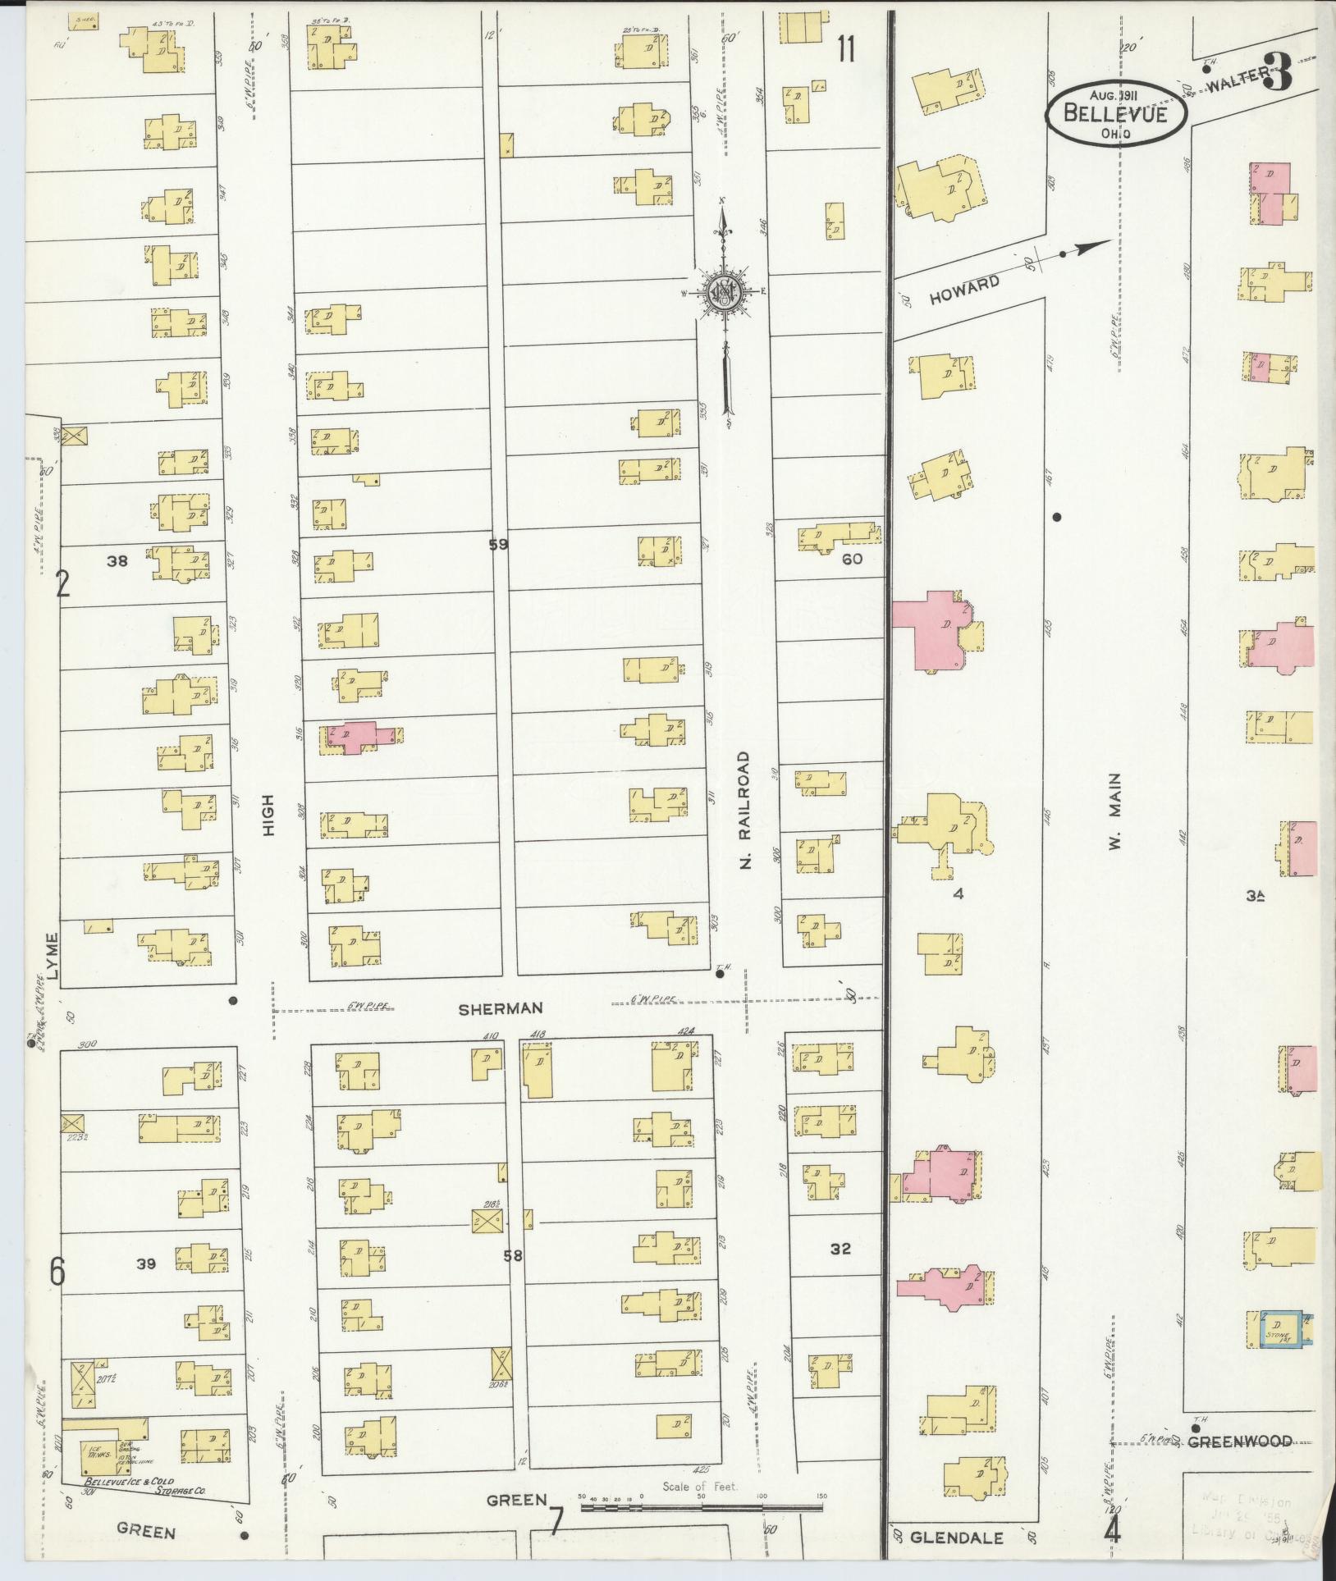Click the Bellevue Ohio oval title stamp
click(1115, 115)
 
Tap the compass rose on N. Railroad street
click(725, 291)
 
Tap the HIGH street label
click(268, 819)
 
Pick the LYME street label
click(54, 956)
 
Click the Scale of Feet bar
click(702, 1506)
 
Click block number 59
click(498, 543)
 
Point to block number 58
click(513, 1277)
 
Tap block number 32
click(840, 1272)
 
